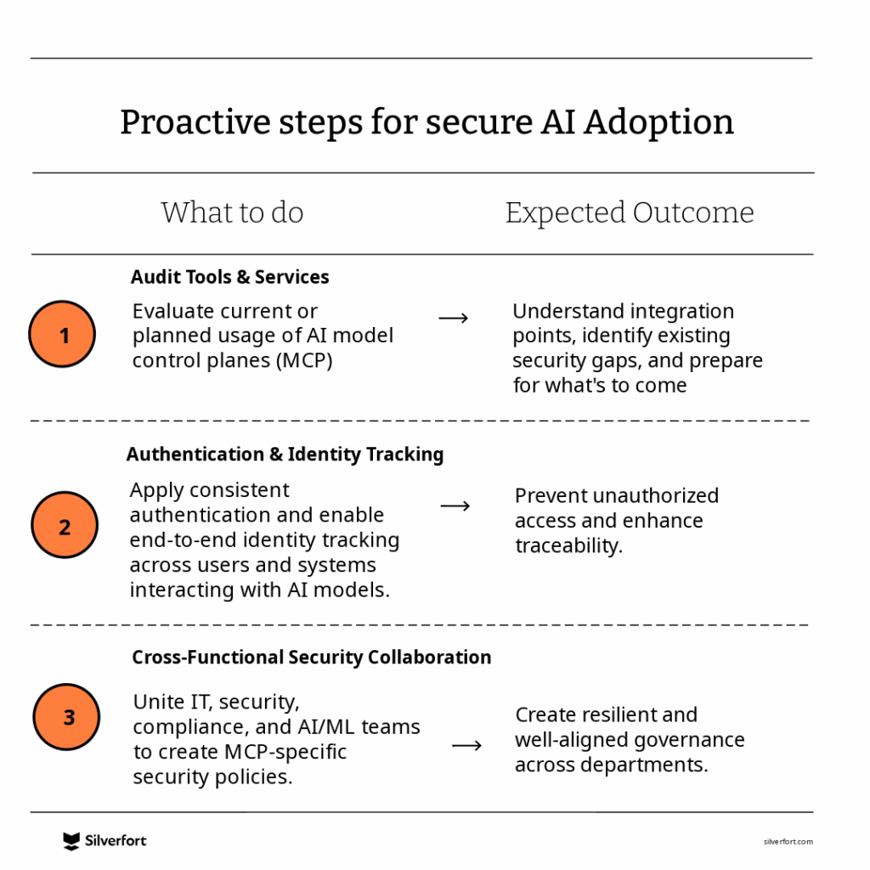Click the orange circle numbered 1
pyautogui.click(x=62, y=334)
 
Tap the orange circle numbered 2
pyautogui.click(x=65, y=525)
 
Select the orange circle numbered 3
pyautogui.click(x=66, y=717)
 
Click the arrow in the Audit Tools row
pyautogui.click(x=454, y=318)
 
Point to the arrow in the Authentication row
pyautogui.click(x=455, y=506)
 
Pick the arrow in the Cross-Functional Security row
pyautogui.click(x=466, y=745)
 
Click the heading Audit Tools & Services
pyautogui.click(x=229, y=277)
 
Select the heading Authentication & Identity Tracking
pyautogui.click(x=285, y=454)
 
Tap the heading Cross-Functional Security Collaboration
pyautogui.click(x=311, y=657)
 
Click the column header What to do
pyautogui.click(x=233, y=212)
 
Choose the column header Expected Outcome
pyautogui.click(x=630, y=213)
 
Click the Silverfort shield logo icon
pyautogui.click(x=71, y=841)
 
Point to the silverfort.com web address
pyautogui.click(x=788, y=842)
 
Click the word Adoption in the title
pyautogui.click(x=658, y=123)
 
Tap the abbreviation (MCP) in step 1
pyautogui.click(x=304, y=360)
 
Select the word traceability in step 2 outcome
pyautogui.click(x=568, y=546)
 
